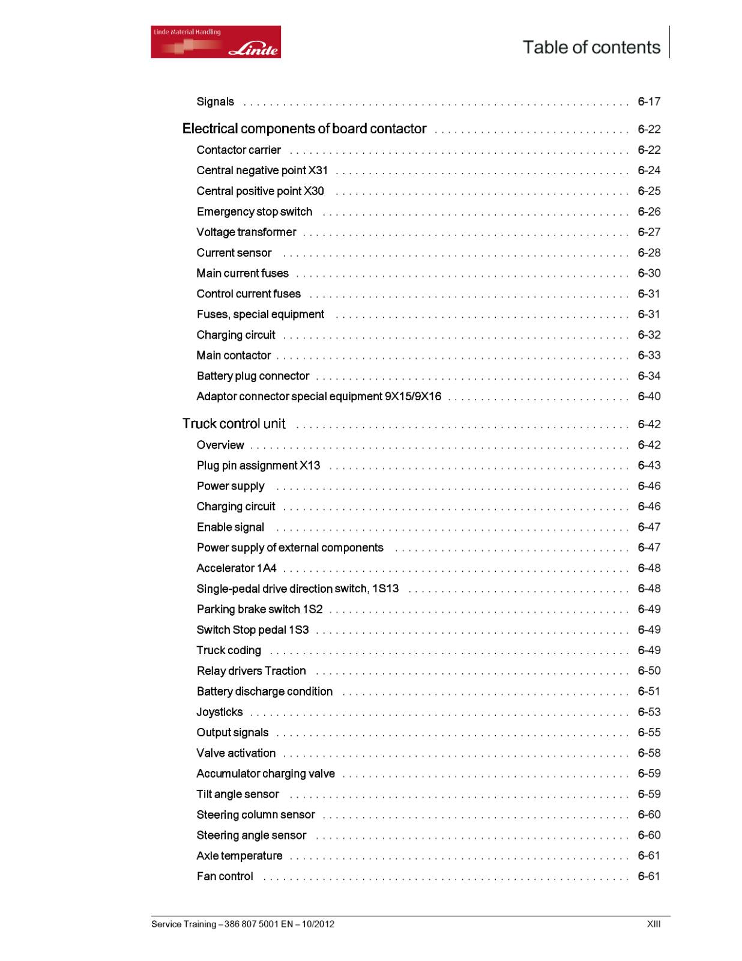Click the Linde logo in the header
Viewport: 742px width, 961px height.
pyautogui.click(x=216, y=42)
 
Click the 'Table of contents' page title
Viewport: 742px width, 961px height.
pyautogui.click(x=591, y=47)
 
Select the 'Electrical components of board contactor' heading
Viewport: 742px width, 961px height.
pyautogui.click(x=304, y=129)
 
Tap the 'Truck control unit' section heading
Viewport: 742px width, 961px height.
pyautogui.click(x=234, y=424)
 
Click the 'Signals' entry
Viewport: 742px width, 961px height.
pyautogui.click(x=215, y=102)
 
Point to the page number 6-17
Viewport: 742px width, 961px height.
pyautogui.click(x=648, y=102)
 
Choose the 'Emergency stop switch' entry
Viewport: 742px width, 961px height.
pyautogui.click(x=255, y=211)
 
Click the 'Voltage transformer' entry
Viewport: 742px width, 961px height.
pyautogui.click(x=246, y=232)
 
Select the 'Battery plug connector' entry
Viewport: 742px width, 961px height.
pyautogui.click(x=253, y=376)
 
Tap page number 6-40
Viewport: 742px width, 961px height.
pyautogui.click(x=648, y=396)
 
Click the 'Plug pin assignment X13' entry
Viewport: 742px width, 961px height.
pyautogui.click(x=258, y=465)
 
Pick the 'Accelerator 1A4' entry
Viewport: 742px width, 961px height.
pyautogui.click(x=237, y=568)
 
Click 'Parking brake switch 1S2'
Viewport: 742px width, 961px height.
pyautogui.click(x=259, y=609)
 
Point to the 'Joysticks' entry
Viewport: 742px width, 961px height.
pyautogui.click(x=220, y=712)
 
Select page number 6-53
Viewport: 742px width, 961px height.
pyautogui.click(x=648, y=712)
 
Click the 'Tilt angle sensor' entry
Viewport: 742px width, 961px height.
pyautogui.click(x=238, y=794)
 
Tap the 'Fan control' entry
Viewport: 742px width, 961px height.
pyautogui.click(x=225, y=876)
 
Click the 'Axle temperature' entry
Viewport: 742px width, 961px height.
pyautogui.click(x=239, y=856)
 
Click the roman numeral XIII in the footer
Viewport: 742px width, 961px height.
pyautogui.click(x=653, y=924)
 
